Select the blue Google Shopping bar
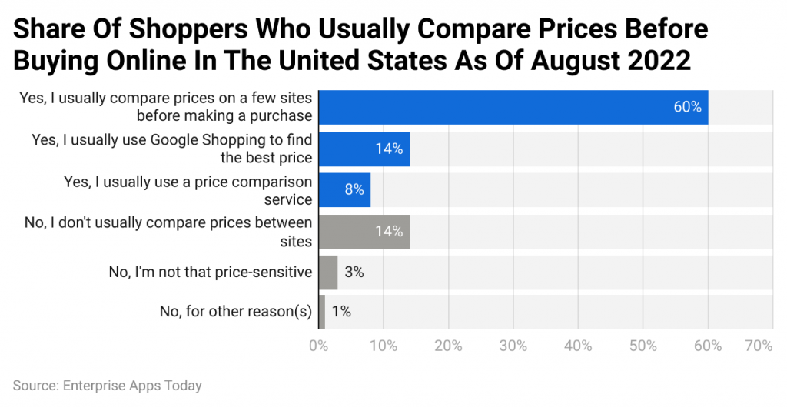(x=364, y=149)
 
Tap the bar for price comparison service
(x=344, y=190)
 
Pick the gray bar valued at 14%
(x=364, y=232)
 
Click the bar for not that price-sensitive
(x=327, y=273)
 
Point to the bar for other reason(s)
(x=321, y=312)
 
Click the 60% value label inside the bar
(x=687, y=107)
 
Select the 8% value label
(x=354, y=190)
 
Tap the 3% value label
(x=354, y=273)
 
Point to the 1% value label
(x=341, y=312)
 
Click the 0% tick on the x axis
(x=318, y=346)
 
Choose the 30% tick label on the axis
(x=513, y=346)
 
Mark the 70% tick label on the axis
(x=758, y=346)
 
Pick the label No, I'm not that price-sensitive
(x=211, y=273)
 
